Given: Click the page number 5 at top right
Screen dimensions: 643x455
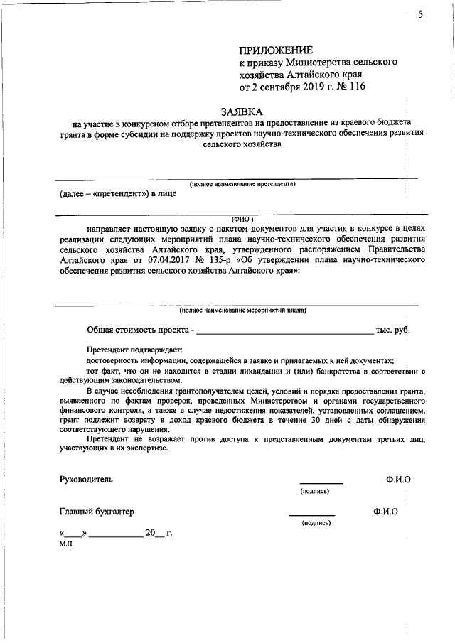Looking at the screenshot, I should tap(421, 15).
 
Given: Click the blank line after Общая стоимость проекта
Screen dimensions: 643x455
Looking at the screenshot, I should tap(284, 331).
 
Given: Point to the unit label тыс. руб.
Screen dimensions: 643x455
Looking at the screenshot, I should tap(393, 330).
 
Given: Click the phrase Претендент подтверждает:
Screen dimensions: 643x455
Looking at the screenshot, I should tap(134, 350).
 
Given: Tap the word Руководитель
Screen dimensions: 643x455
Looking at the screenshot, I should tap(86, 480).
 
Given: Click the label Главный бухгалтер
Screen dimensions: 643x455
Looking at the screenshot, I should tap(97, 512).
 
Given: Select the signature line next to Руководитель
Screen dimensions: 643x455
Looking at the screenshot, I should tap(321, 483).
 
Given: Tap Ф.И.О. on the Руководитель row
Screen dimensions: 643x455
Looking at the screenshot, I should tap(399, 480).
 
